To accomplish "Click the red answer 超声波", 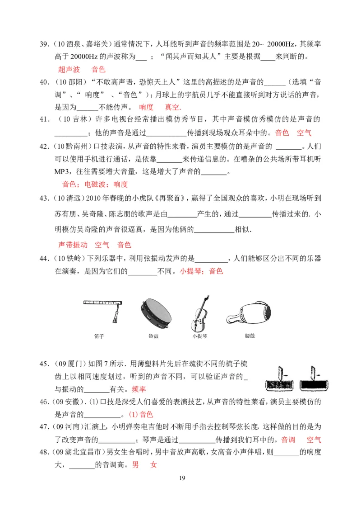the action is (69, 70).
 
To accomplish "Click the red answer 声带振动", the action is (73, 245).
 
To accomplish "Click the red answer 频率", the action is (139, 389).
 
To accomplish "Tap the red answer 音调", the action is (288, 440).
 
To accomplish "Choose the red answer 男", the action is (136, 465).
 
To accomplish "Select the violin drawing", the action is (199, 313).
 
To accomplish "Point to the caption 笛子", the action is (99, 336).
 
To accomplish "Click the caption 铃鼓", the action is (153, 336).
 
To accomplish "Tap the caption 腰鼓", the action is (250, 336).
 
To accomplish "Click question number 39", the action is (44, 44).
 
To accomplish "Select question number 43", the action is (44, 198).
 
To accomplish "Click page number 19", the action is (182, 478).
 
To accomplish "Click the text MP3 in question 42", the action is (62, 172).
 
